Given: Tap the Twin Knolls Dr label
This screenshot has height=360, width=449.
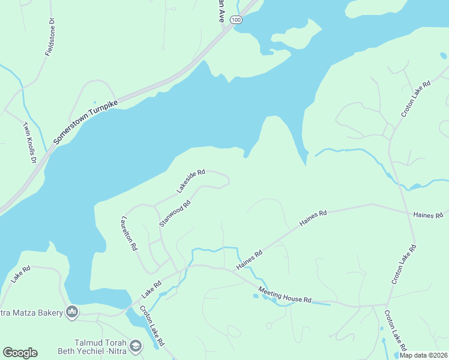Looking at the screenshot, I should [x=29, y=143].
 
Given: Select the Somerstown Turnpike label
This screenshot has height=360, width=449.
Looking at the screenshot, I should [x=86, y=121].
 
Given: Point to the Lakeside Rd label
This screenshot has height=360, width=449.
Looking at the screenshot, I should [x=191, y=181].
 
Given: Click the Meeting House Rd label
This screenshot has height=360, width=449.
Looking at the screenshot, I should [x=285, y=295].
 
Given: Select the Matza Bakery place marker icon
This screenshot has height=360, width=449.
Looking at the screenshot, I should [x=72, y=311].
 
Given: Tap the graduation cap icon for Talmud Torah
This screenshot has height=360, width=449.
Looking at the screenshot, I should [x=136, y=346].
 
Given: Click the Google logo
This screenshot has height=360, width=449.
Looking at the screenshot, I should [x=20, y=353].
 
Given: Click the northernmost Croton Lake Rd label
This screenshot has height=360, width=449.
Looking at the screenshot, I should [x=416, y=99].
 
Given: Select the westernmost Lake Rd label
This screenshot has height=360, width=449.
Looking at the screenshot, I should [x=20, y=276].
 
